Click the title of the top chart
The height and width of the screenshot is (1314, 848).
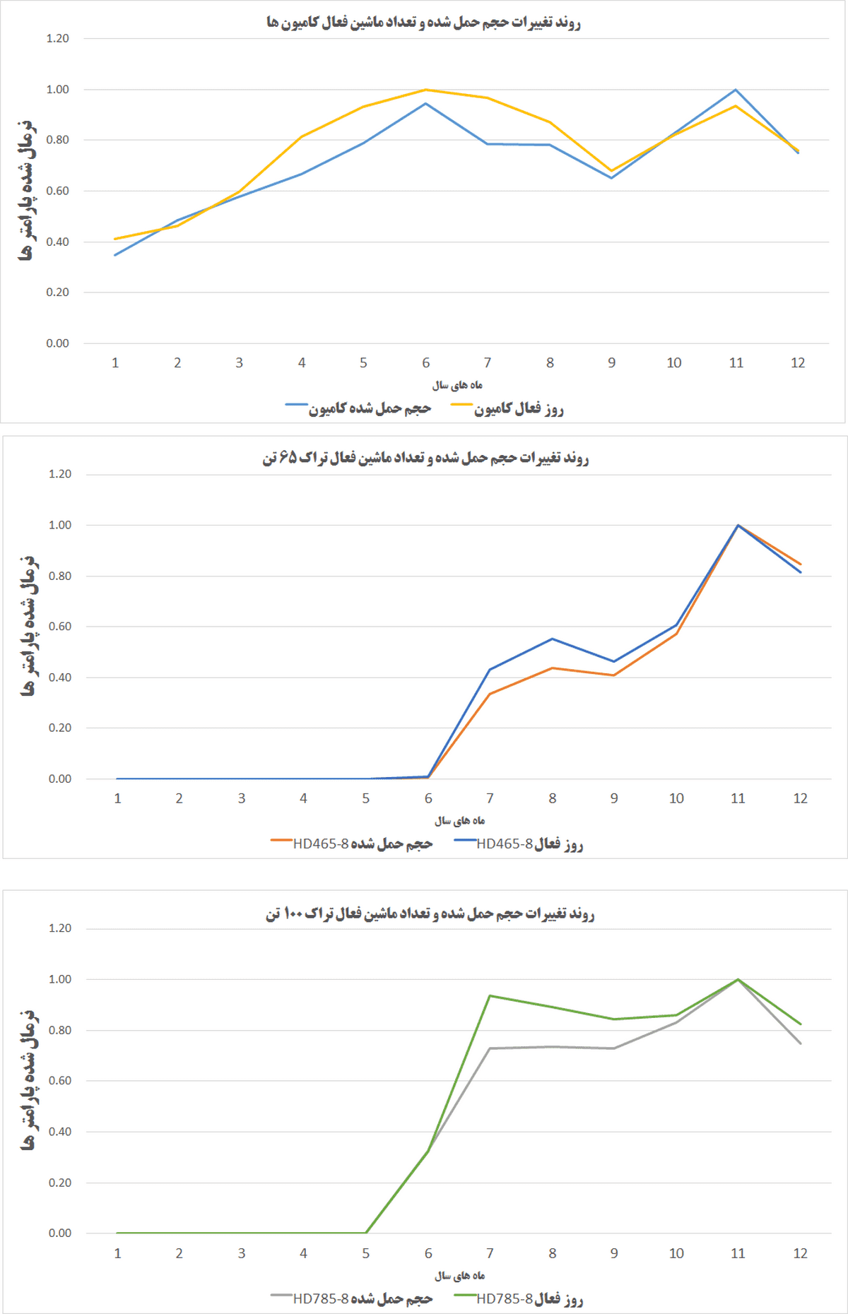[423, 23]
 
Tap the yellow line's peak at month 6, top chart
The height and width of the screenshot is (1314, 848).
[425, 90]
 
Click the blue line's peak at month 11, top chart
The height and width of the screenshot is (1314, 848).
[736, 90]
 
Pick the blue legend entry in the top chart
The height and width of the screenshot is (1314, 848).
[359, 409]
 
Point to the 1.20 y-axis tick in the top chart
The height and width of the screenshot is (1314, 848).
[58, 38]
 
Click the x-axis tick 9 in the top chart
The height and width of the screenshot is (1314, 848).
[612, 362]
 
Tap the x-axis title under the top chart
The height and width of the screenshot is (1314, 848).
[457, 385]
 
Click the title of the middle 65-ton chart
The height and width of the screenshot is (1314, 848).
[425, 458]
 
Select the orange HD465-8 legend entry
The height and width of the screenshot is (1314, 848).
[352, 844]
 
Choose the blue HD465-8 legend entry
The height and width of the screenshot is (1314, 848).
[519, 844]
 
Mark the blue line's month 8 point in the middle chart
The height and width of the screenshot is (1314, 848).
[552, 639]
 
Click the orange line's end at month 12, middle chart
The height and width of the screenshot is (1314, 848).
[801, 564]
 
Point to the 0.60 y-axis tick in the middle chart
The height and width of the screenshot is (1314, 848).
[60, 627]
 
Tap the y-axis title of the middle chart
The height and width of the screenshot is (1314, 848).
[28, 626]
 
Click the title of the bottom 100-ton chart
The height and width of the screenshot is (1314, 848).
[430, 914]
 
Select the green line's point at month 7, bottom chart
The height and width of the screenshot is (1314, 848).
[490, 996]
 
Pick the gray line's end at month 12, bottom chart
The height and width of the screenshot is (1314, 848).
[801, 1043]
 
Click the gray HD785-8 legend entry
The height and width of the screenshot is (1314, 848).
[352, 1299]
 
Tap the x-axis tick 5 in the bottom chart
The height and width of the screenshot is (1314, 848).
[366, 1253]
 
